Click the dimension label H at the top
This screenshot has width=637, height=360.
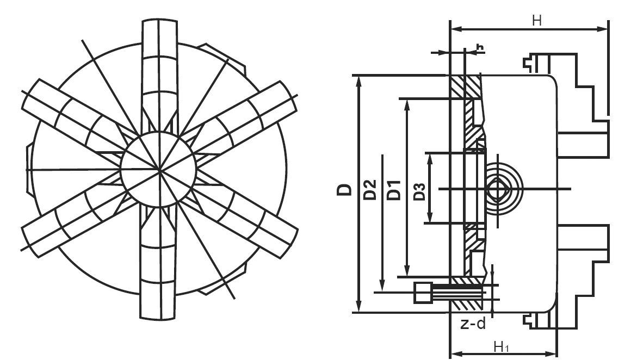click(537, 20)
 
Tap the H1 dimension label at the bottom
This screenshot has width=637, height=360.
click(502, 347)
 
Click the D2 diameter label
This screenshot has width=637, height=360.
click(370, 189)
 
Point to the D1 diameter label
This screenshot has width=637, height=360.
click(394, 190)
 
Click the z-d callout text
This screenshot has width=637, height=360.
click(473, 324)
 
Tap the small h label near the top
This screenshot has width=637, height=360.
click(480, 47)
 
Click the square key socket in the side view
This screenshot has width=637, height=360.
click(497, 189)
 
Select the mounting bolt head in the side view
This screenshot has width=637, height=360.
click(423, 293)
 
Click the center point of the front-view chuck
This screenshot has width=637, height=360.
click(159, 169)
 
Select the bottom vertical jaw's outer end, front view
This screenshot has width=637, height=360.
click(159, 318)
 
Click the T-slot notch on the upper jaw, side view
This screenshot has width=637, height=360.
click(528, 63)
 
